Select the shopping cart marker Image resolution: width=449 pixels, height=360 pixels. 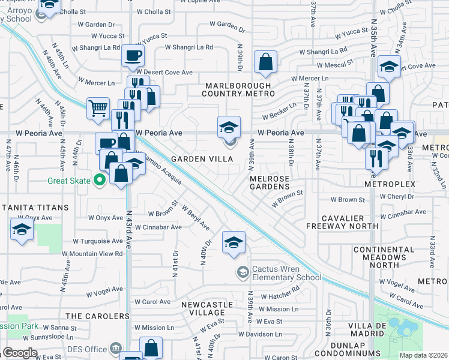(98, 109)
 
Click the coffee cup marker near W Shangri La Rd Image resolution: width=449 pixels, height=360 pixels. (133, 56)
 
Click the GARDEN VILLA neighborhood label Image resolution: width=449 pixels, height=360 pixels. (201, 159)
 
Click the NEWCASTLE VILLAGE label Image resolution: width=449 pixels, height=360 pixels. (203, 308)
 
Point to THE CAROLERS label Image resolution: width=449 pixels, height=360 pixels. (97, 316)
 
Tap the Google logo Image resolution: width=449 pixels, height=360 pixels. (20, 353)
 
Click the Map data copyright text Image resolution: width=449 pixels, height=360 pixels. (423, 355)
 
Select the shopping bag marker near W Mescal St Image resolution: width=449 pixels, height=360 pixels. (265, 62)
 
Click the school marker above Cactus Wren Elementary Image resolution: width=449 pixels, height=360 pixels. (234, 242)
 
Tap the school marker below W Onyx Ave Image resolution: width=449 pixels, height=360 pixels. (22, 230)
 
